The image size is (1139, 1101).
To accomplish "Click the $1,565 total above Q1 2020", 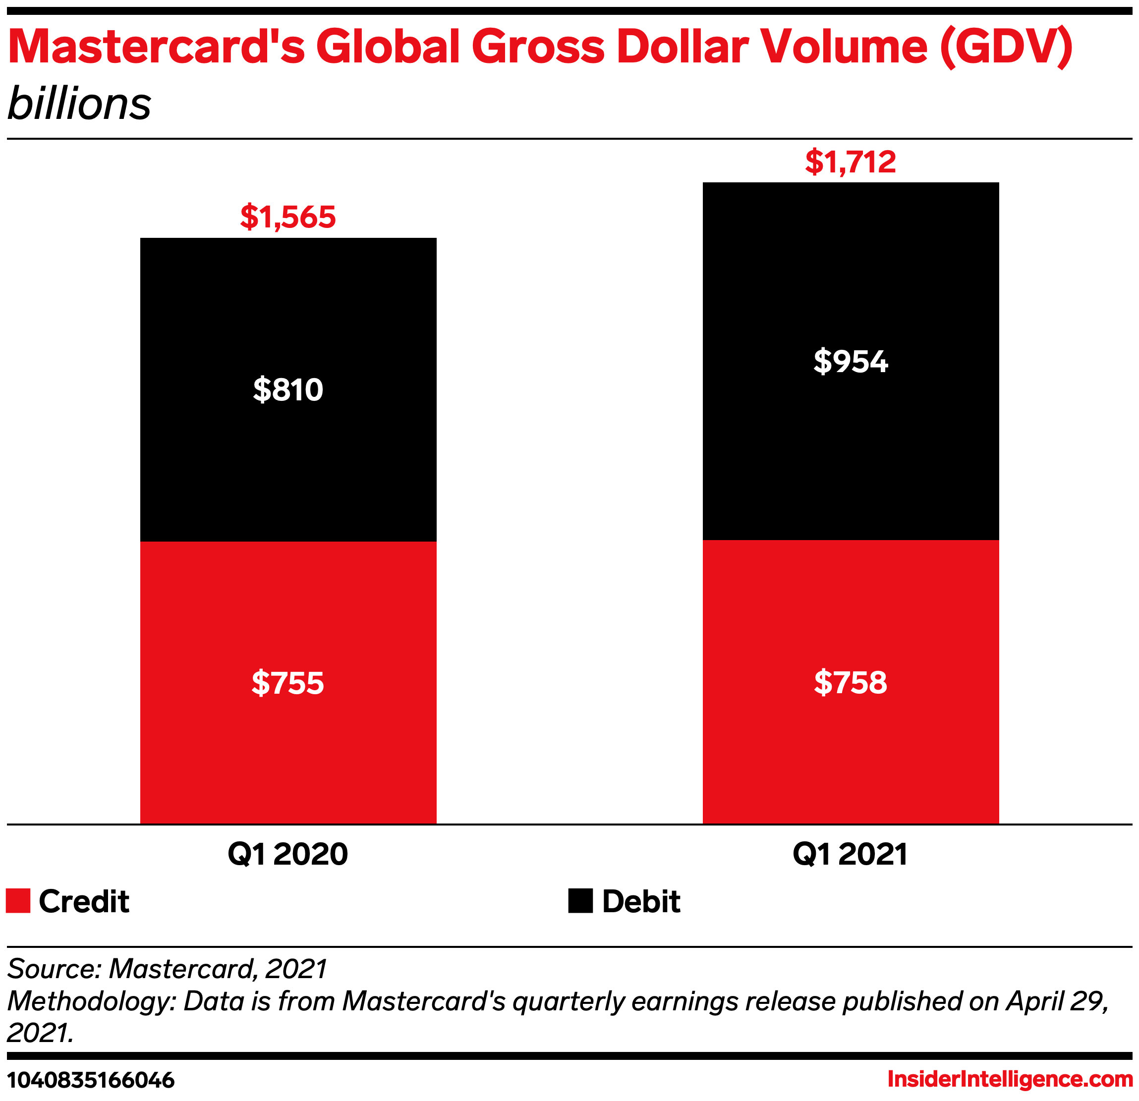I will pos(287,217).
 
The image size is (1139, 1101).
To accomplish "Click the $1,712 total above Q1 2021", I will pos(850,162).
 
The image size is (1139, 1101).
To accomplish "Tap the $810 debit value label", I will pos(287,389).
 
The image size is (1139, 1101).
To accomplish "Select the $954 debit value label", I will pos(850,361).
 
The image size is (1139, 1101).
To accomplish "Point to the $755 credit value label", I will pos(287,683).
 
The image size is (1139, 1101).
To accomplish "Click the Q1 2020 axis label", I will pos(287,854).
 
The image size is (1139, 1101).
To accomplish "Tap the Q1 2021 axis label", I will pos(850,854).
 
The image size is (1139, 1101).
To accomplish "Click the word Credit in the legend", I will pos(84,902).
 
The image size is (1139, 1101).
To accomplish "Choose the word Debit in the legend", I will pos(641,902).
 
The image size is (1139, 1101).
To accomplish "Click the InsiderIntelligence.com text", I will pos(1010,1080).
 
